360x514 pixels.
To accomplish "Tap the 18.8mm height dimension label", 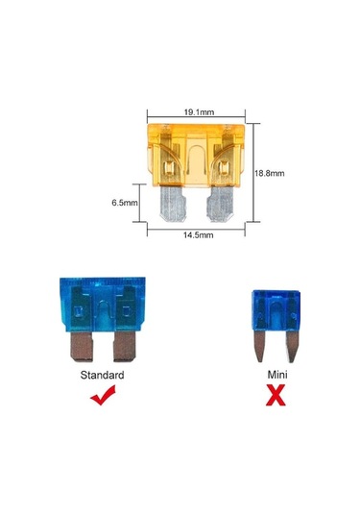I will point(272,174).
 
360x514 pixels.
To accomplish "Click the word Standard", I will point(104,375).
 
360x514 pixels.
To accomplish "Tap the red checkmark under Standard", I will point(103,394).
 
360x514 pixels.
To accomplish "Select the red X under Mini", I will point(278,394).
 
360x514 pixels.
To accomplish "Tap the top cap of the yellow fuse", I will point(196,127).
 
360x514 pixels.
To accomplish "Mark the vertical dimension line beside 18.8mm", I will point(252,174).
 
